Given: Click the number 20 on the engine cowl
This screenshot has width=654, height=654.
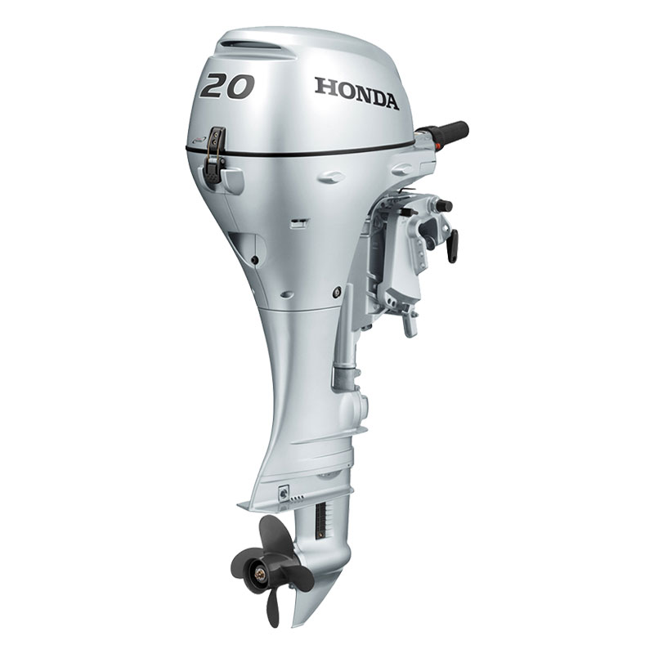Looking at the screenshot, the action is pos(227,86).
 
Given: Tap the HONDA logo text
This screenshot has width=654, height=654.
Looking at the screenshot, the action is pos(356,93).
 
